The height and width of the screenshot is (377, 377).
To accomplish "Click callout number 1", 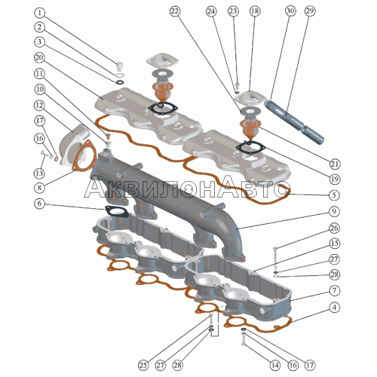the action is pos(39,13).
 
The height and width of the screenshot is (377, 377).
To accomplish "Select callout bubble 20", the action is pos(39,58).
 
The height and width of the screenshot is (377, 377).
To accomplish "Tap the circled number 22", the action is pos(175,11).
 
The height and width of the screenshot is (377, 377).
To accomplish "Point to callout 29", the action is pos(310,11).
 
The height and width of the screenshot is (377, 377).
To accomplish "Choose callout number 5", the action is pos(334,195).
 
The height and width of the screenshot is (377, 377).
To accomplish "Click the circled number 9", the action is pos(334,211).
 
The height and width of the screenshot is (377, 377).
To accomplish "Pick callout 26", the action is pos(334,228).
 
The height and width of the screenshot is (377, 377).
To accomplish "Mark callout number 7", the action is pos(334,291).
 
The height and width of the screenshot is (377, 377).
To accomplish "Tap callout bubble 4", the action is pos(334,308).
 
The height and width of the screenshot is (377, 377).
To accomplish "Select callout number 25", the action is pos(143,365).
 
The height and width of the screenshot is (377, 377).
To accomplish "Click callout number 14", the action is pos(275,365).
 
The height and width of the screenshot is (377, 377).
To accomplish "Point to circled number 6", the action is pos(39,204).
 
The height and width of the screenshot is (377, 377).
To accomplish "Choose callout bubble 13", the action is pos(39,173).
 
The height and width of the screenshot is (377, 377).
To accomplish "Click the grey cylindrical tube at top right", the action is pos(294,121).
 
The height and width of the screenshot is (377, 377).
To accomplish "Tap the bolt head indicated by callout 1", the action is pos(121,66).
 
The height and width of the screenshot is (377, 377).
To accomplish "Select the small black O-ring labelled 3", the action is pos(121,82).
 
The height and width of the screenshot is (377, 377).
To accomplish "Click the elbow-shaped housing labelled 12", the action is pos(73,145).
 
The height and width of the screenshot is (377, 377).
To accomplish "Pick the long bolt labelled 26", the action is pos(275,258).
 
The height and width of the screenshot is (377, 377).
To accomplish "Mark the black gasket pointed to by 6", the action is pos(117,211).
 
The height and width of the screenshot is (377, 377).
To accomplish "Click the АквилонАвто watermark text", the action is pos(185,188).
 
